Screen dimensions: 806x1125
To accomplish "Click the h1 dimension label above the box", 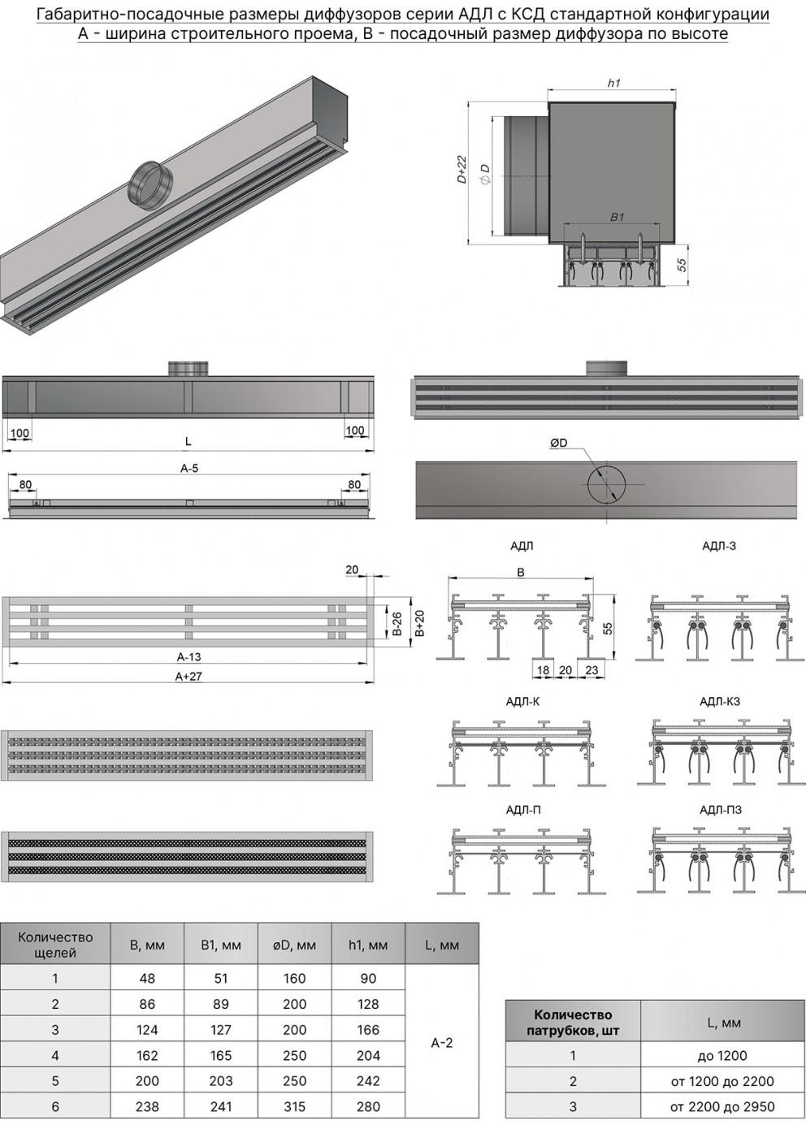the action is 613,84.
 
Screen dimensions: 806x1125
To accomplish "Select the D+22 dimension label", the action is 461,169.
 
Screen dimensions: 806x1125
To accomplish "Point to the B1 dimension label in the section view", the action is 617,217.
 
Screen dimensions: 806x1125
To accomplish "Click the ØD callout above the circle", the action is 558,443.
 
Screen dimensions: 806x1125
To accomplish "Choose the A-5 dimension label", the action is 189,468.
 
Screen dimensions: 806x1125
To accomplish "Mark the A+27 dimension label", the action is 188,676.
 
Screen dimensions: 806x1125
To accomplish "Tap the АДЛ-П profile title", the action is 523,810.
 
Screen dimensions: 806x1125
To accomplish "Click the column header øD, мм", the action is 294,945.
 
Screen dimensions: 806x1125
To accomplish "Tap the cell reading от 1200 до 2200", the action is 722,1077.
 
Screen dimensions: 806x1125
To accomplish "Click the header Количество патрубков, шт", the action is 573,1022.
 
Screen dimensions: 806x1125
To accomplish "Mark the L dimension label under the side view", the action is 188,441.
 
